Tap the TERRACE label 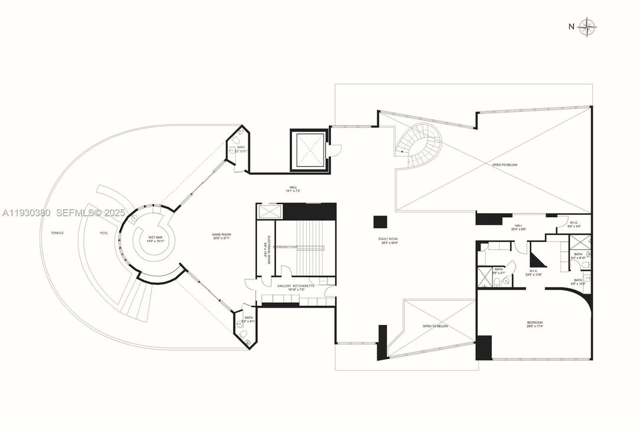[57, 233]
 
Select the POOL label [104, 233]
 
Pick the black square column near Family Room [380, 222]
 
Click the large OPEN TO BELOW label [504, 164]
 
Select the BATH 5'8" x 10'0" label [578, 282]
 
